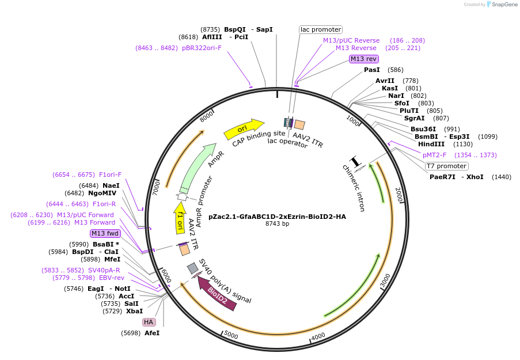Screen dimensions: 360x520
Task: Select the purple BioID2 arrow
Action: pos(217,293)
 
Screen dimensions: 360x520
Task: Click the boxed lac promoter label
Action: pos(321,29)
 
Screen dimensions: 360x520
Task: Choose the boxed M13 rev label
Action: pos(364,59)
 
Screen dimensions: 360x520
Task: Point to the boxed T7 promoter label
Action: pos(446,166)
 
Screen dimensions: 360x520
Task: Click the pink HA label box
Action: pos(149,322)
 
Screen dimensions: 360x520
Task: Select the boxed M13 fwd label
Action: pos(105,233)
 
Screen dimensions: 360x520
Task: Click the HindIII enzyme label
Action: pos(430,145)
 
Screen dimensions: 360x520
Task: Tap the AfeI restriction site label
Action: pos(152,333)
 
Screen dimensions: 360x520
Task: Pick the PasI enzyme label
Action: pos(372,70)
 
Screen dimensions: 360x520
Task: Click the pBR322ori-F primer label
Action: pos(202,48)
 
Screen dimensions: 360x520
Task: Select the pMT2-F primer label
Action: pos(435,155)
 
